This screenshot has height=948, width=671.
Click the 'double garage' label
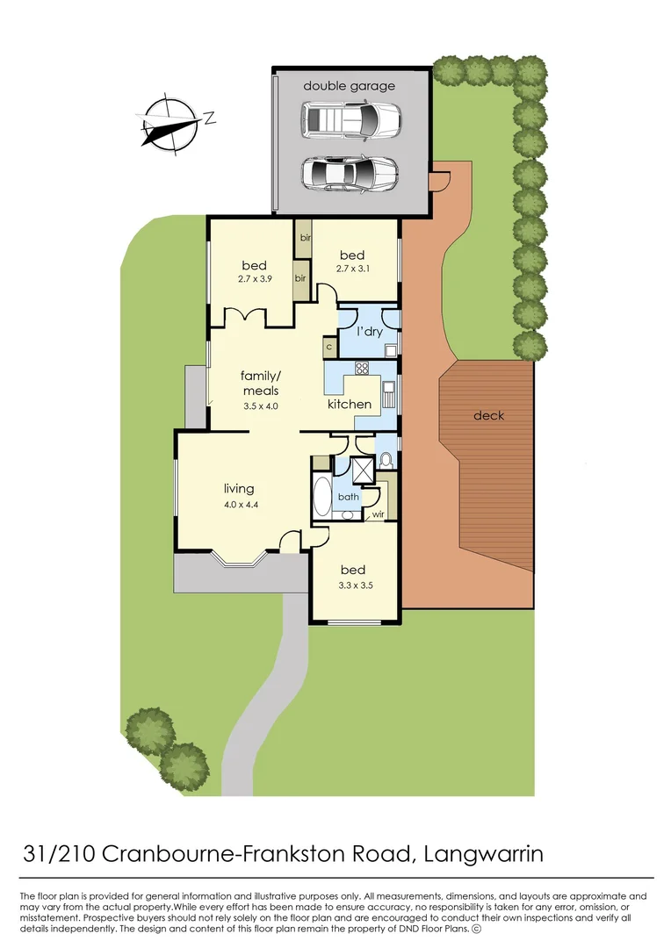(350, 86)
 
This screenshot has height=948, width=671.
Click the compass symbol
(170, 122)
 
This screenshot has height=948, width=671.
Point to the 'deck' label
(489, 415)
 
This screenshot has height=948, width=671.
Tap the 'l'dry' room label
(369, 332)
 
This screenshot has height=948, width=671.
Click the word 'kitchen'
(350, 404)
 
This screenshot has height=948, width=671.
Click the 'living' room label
(239, 489)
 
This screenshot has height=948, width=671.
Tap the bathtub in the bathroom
(321, 499)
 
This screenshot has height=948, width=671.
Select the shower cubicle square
(361, 470)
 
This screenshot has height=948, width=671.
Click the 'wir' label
(379, 514)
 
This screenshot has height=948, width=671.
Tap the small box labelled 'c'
(328, 348)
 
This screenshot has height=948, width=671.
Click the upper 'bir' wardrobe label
(306, 238)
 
